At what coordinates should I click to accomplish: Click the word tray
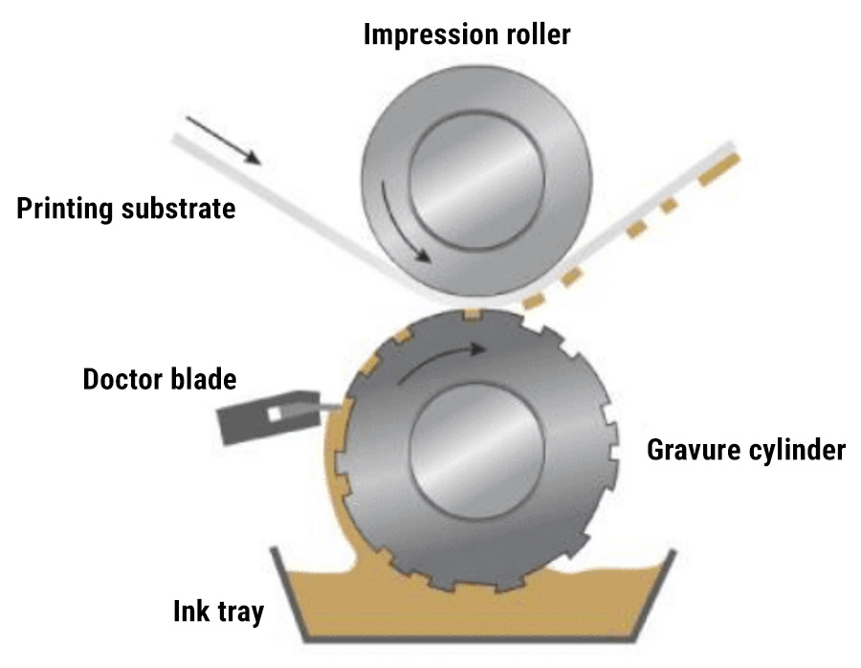[240, 612]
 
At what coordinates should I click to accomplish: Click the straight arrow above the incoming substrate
[223, 141]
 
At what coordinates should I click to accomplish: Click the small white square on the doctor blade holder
[276, 413]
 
